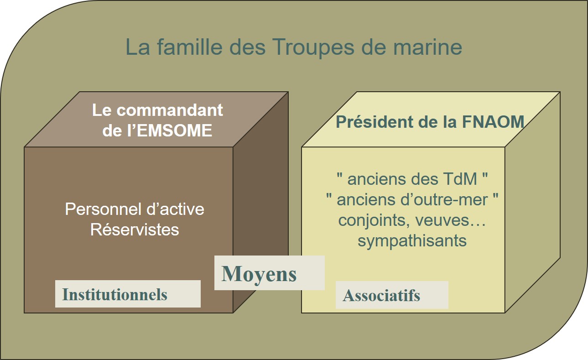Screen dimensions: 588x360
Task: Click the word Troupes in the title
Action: [x=313, y=47]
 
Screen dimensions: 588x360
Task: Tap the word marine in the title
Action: [x=427, y=47]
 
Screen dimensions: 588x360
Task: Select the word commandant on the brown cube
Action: [x=170, y=110]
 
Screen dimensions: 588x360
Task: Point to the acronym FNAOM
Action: [x=493, y=121]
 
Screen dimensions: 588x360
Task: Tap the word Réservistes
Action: [x=135, y=230]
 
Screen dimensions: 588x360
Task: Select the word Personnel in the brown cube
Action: [x=101, y=209]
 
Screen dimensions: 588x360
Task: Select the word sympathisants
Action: [x=412, y=241]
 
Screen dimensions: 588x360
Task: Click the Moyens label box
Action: [x=269, y=273]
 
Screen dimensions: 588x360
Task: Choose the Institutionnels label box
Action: [x=128, y=294]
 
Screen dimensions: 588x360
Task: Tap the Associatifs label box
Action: [x=392, y=295]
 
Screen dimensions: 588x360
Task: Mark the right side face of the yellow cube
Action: [x=533, y=202]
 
